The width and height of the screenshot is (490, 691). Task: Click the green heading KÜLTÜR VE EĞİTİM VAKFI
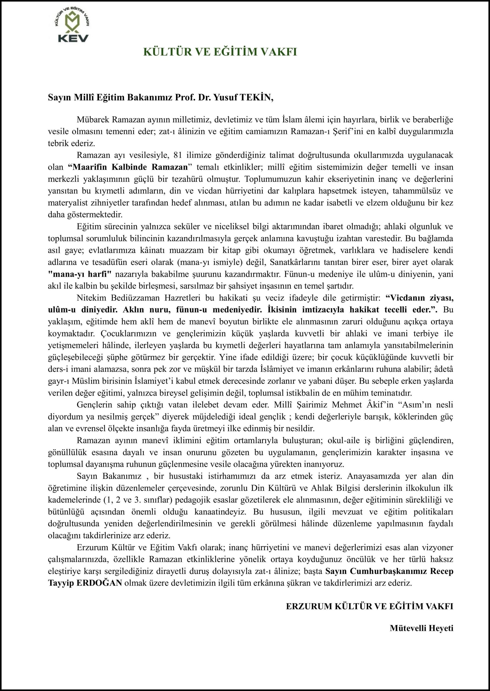(x=220, y=52)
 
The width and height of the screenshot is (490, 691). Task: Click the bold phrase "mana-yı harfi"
(x=80, y=274)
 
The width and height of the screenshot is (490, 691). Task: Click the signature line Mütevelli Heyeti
(x=421, y=628)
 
